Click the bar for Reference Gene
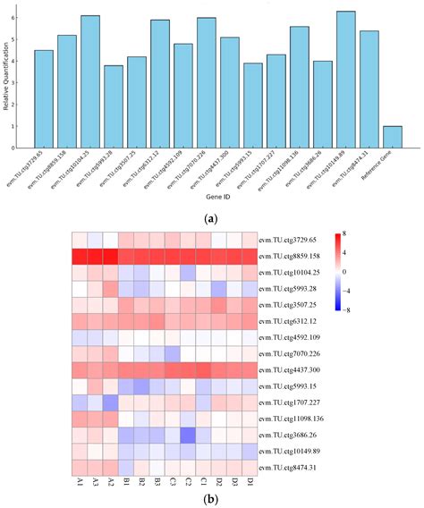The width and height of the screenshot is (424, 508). (393, 137)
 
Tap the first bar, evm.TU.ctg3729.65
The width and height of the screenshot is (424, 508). (44, 98)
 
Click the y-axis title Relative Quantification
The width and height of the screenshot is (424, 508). (8, 80)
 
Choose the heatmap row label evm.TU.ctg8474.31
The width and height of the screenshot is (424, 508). (289, 467)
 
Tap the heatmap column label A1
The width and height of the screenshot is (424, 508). (81, 482)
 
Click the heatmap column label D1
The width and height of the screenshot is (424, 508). (242, 482)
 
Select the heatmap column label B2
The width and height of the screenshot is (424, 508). (141, 482)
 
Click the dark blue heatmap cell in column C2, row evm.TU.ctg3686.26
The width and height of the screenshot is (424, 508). (187, 435)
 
